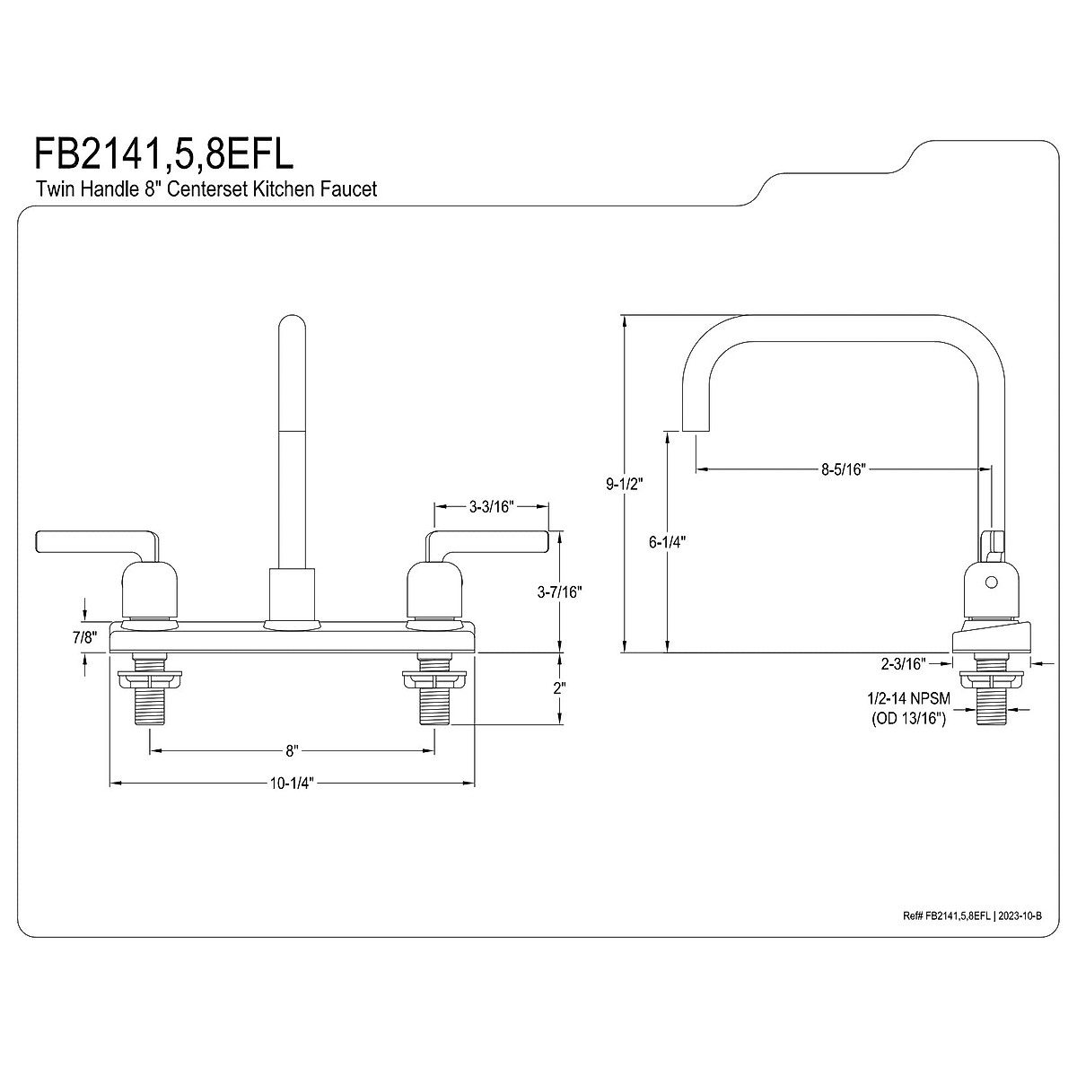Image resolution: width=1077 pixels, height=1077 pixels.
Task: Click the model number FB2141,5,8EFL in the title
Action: [x=164, y=153]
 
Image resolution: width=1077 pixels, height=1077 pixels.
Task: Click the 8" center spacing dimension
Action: [x=291, y=749]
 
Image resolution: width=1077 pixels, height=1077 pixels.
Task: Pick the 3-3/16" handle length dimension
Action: [x=490, y=507]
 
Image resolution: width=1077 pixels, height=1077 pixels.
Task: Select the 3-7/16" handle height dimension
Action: [x=560, y=591]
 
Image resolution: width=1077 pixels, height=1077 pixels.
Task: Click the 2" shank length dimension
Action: [x=560, y=688]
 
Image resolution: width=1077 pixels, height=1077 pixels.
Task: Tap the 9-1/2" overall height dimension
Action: [x=625, y=484]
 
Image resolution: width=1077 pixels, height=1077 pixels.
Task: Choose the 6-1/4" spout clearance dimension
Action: [x=666, y=542]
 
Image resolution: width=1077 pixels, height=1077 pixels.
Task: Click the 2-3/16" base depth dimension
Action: [x=903, y=664]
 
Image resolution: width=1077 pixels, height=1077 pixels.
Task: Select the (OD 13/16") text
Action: [x=907, y=720]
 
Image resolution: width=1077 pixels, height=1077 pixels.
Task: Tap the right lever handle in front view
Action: [x=489, y=542]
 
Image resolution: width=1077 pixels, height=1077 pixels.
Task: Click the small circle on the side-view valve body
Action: [x=992, y=582]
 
